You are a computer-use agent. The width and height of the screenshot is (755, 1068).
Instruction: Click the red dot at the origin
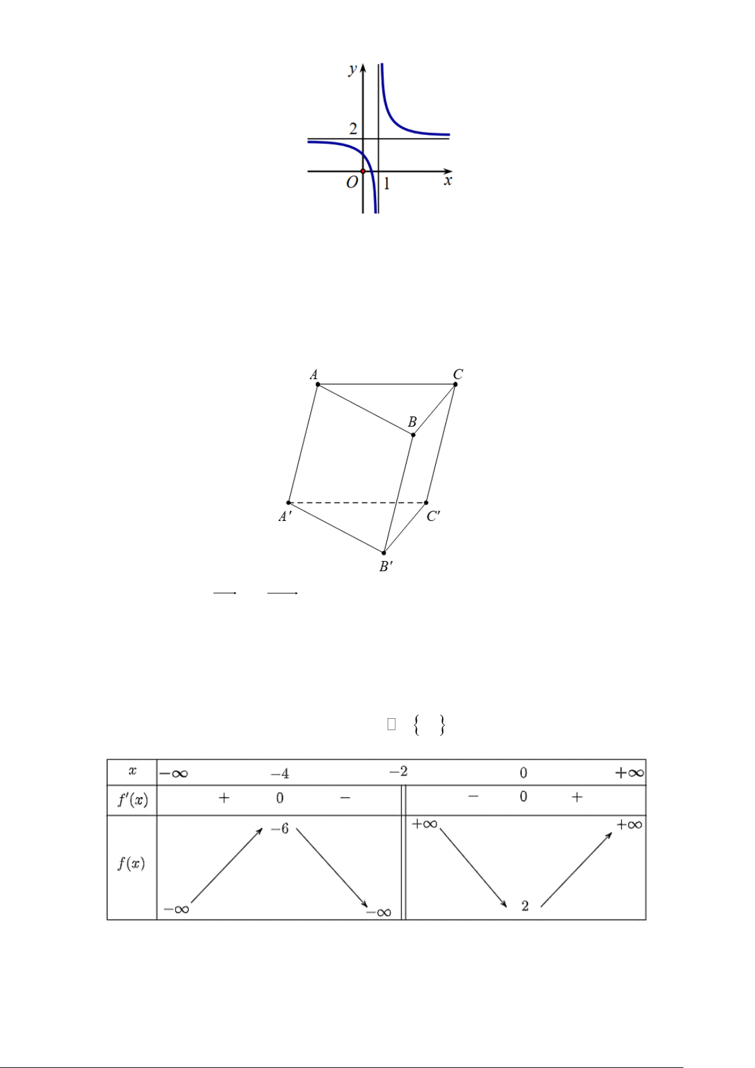pyautogui.click(x=363, y=171)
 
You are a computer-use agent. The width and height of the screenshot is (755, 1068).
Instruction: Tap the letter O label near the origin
pyautogui.click(x=352, y=182)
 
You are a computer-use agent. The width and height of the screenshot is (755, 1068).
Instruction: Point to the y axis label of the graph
pyautogui.click(x=353, y=70)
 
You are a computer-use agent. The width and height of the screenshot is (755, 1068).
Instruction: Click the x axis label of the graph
pyautogui.click(x=448, y=181)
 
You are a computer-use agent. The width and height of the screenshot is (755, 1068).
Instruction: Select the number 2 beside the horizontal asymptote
pyautogui.click(x=353, y=128)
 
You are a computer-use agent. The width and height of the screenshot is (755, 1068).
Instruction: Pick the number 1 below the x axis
pyautogui.click(x=387, y=184)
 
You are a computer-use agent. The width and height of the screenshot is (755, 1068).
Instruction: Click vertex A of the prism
pyautogui.click(x=318, y=384)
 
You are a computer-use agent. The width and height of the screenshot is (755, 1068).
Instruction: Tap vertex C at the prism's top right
pyautogui.click(x=455, y=384)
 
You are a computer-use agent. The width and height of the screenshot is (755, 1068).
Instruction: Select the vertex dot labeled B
pyautogui.click(x=413, y=435)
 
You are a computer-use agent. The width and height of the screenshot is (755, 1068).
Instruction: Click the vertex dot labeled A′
pyautogui.click(x=288, y=503)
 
